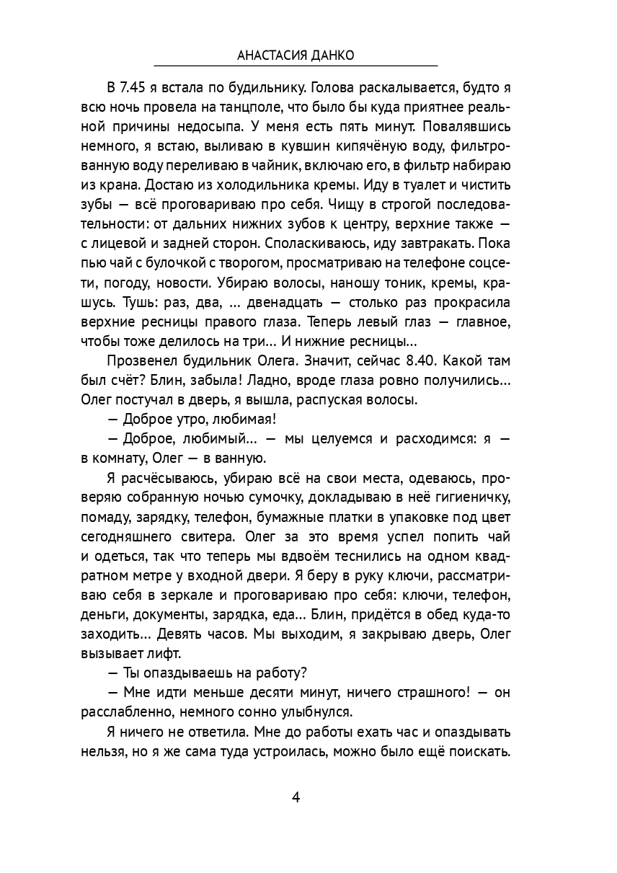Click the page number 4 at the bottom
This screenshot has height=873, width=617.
coord(296,797)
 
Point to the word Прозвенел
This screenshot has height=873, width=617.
coord(138,360)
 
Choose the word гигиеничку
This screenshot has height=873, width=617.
coord(474,497)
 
